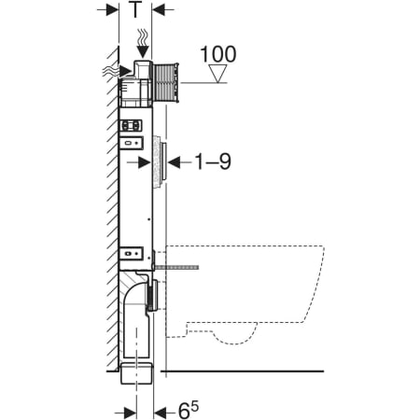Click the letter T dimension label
135,9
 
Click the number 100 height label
218,54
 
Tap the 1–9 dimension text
213,161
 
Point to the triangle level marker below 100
217,74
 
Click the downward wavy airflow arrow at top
143,43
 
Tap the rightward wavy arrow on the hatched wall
117,72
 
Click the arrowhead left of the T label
112,9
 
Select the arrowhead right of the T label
158,9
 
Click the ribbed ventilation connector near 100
165,82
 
